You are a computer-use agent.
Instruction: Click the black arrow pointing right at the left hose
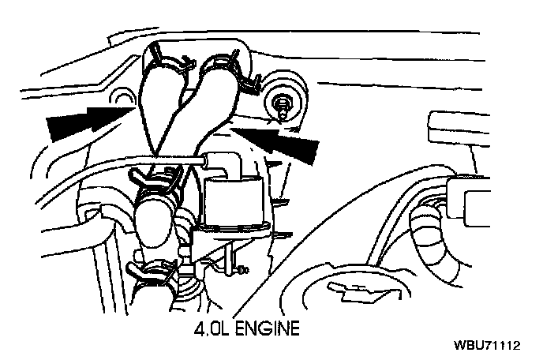(x=79, y=122)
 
